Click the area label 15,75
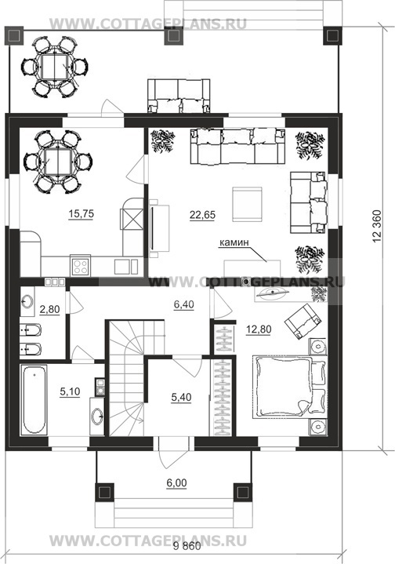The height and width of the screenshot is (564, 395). (x=82, y=214)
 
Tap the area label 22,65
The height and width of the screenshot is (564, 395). (x=202, y=215)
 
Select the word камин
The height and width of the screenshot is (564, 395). (x=234, y=242)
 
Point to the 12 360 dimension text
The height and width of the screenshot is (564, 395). (x=377, y=226)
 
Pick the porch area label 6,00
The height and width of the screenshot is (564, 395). (x=176, y=483)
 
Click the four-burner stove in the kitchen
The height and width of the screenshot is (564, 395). (x=80, y=267)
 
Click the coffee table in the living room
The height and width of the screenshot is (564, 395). (x=247, y=204)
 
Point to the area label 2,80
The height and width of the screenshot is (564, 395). (x=49, y=309)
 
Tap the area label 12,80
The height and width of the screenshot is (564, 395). (x=259, y=329)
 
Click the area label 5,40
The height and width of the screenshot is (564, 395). (x=182, y=398)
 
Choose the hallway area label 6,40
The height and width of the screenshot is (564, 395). (x=183, y=304)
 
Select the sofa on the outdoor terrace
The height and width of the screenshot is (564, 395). (x=179, y=96)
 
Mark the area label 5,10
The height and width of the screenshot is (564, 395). (x=70, y=391)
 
